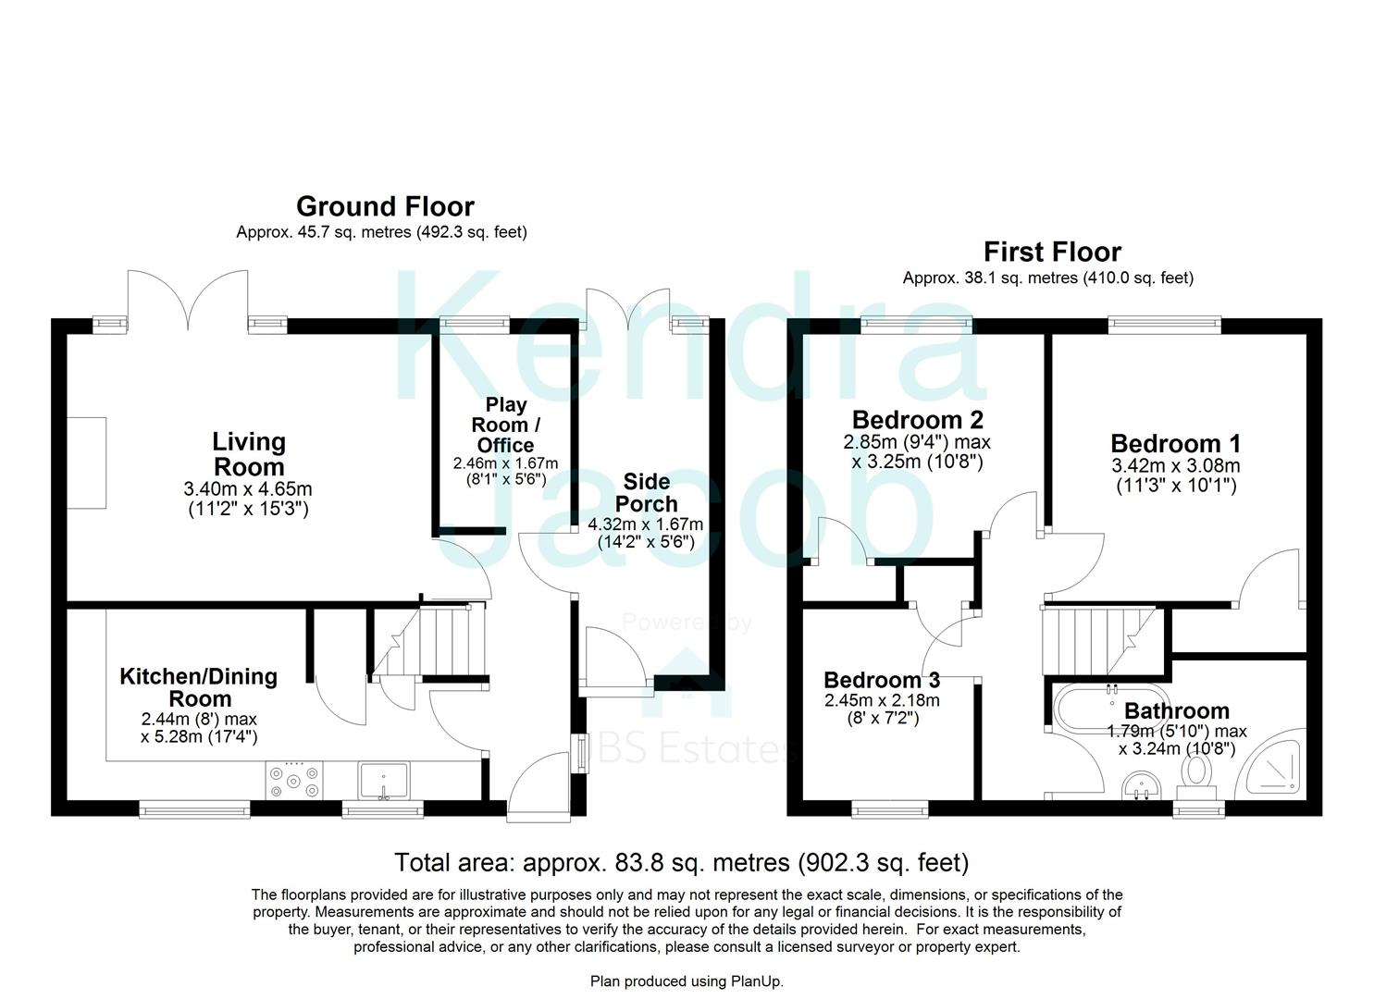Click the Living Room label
click(x=249, y=454)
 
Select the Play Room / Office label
click(x=505, y=425)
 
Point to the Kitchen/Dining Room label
click(x=199, y=687)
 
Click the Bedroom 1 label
click(x=1175, y=443)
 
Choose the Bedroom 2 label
click(x=917, y=419)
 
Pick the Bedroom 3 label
click(x=882, y=680)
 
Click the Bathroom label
click(x=1176, y=710)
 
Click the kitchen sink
click(x=385, y=780)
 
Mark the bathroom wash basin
click(x=1139, y=787)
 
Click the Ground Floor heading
click(x=385, y=206)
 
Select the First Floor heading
click(x=1052, y=252)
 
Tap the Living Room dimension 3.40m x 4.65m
click(x=248, y=488)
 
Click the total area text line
click(x=681, y=862)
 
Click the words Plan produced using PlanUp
click(x=687, y=981)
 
